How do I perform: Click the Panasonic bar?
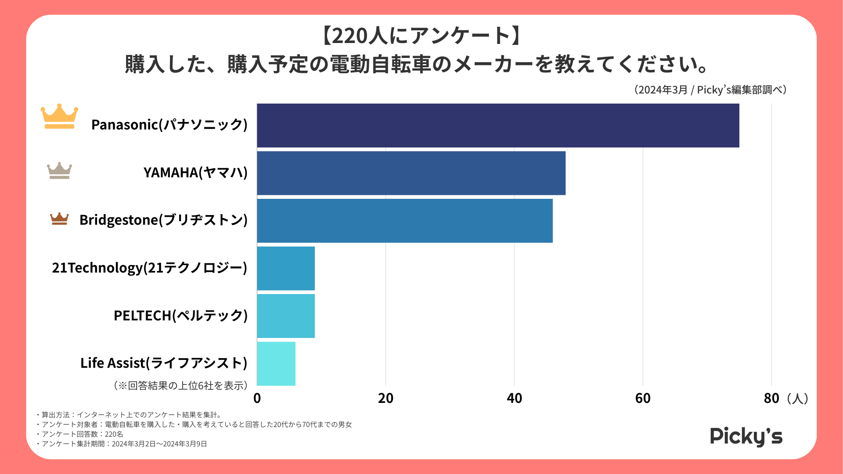click(498, 126)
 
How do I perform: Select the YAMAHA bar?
click(411, 173)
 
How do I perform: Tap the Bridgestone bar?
click(404, 221)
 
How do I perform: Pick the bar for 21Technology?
click(286, 268)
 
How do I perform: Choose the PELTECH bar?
click(286, 316)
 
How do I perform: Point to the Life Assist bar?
click(276, 363)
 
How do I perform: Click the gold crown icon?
click(59, 117)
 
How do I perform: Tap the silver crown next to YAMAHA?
click(59, 170)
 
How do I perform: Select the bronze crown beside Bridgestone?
click(59, 219)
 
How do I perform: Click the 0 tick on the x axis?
click(257, 398)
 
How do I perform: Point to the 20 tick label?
click(385, 398)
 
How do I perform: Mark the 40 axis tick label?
click(514, 398)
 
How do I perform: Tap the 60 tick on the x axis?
click(643, 398)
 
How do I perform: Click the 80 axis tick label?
click(771, 398)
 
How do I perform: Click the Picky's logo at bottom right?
click(746, 436)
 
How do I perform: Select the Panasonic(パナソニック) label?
click(169, 125)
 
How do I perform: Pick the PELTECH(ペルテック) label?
click(180, 316)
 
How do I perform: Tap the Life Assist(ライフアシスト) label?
click(164, 363)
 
